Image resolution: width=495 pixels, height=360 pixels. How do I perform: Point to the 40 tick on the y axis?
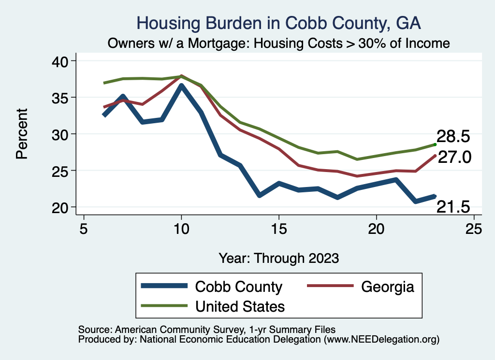tap(62, 61)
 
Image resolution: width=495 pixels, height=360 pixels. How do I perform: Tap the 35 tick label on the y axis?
tap(62, 98)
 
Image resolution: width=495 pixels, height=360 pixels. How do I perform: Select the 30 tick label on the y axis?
tap(62, 134)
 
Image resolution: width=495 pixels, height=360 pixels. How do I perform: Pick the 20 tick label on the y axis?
tap(62, 207)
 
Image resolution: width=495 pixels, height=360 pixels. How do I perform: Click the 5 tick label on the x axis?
tap(84, 229)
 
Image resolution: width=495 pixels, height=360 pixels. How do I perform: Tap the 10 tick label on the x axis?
tap(181, 229)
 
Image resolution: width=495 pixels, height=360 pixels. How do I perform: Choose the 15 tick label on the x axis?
tap(278, 229)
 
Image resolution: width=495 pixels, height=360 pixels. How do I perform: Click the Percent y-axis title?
tap(22, 134)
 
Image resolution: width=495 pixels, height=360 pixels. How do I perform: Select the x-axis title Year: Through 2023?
tap(279, 258)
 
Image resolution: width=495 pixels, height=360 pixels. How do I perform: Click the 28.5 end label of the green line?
tap(453, 136)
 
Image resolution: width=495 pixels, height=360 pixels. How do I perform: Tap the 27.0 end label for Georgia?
tap(454, 157)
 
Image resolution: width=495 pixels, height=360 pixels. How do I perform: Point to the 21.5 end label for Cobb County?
tap(453, 207)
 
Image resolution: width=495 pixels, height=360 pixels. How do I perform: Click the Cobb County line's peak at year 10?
tap(181, 86)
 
